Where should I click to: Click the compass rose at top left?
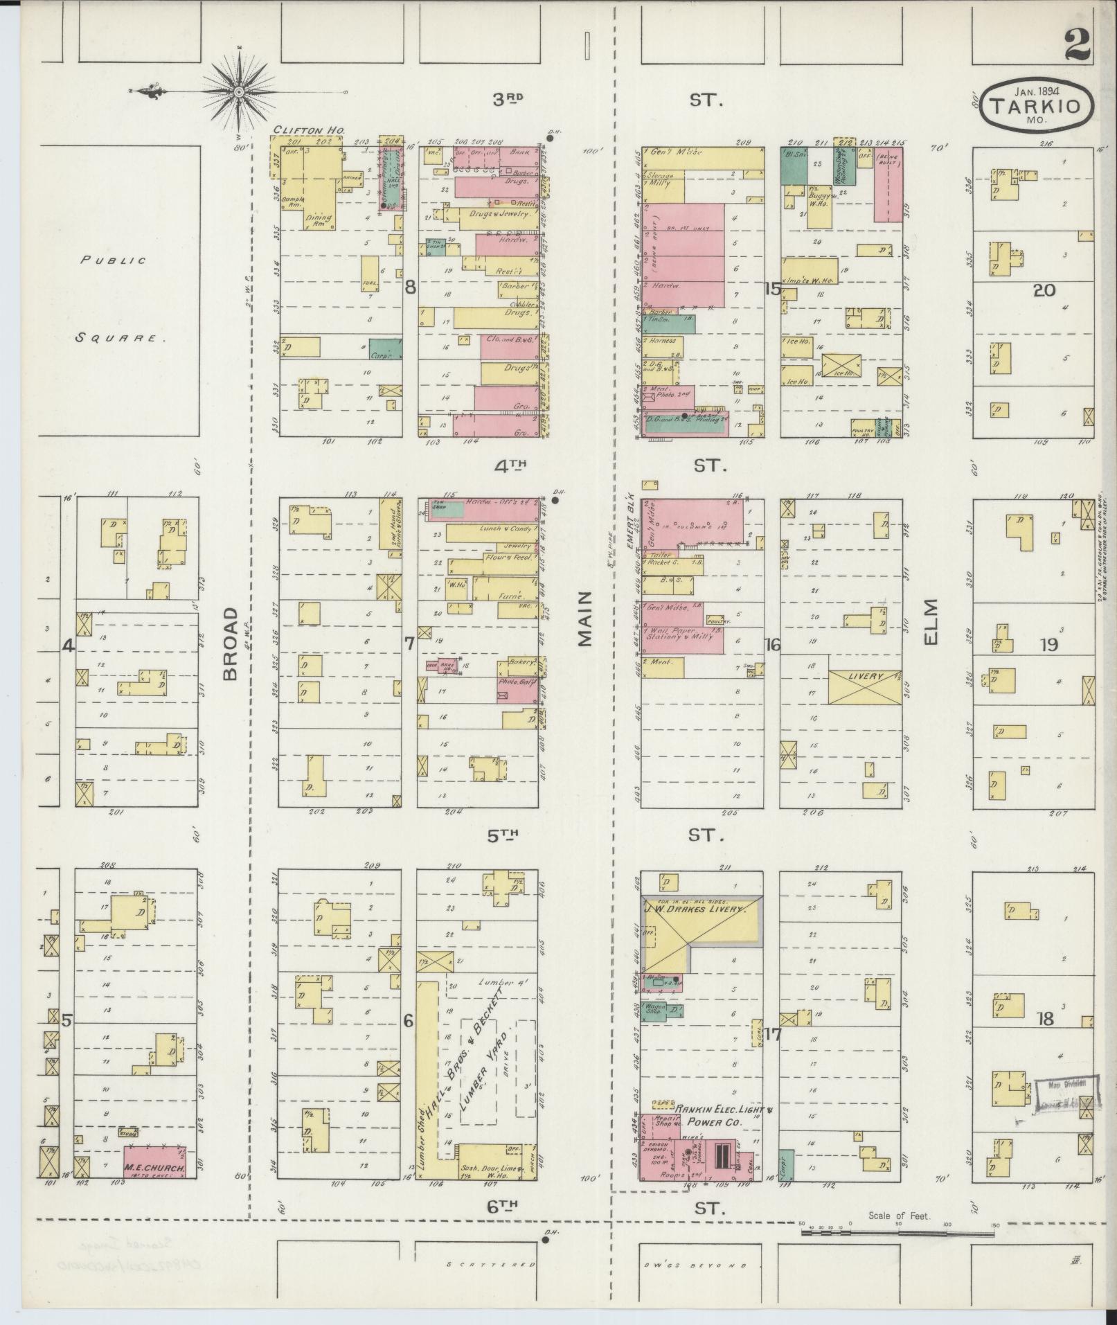(239, 91)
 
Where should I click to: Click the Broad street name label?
(231, 643)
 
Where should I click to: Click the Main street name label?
(586, 619)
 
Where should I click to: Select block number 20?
(1044, 290)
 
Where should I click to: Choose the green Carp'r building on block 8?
(385, 349)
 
